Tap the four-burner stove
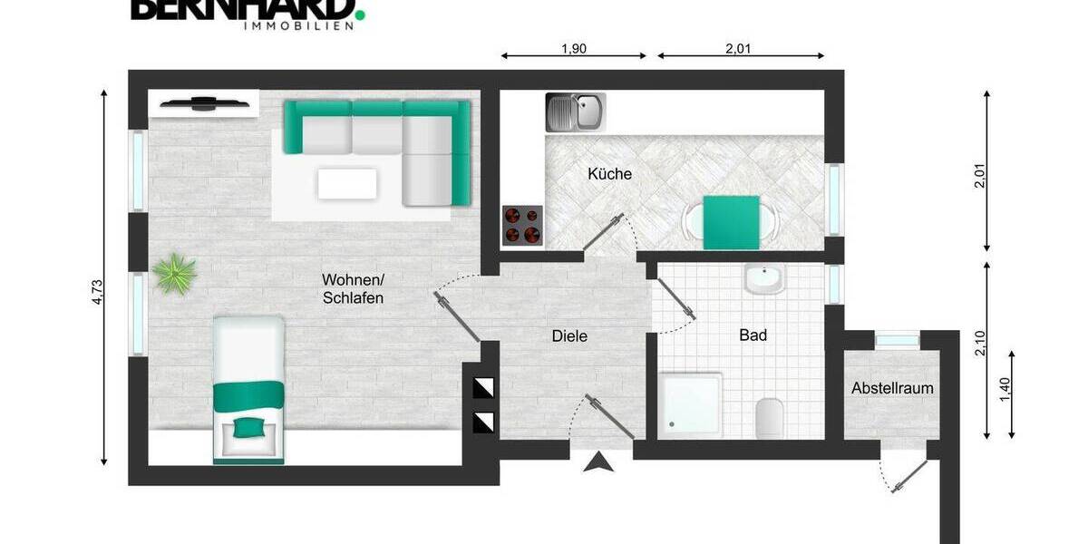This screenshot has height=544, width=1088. (523, 226)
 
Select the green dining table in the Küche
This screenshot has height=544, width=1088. (732, 222)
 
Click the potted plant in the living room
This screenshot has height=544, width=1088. (175, 273)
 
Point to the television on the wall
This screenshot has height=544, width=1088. (205, 102)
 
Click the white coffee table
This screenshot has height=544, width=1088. (347, 183)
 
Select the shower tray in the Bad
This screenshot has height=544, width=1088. (691, 404)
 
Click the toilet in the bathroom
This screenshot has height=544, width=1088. (770, 417)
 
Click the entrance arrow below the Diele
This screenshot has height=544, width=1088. (598, 463)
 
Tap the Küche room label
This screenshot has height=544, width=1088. (609, 173)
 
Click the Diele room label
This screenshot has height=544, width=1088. (569, 336)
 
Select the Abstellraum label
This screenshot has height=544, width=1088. (892, 388)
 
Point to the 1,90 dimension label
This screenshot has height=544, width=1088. (574, 49)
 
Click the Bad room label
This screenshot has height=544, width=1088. (753, 335)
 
